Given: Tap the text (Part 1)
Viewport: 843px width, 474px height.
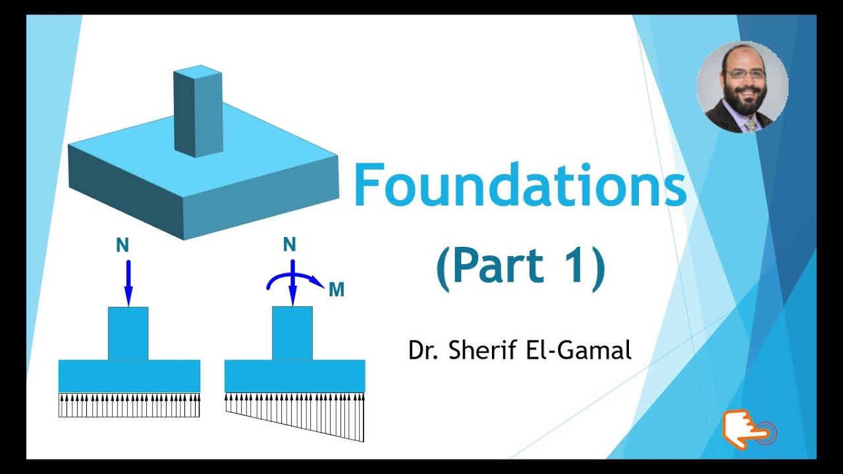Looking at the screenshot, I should coord(520,267).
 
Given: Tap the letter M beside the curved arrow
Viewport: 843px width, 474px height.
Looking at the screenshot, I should coord(337,290).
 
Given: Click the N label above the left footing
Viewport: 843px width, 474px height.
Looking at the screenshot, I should coord(122,246).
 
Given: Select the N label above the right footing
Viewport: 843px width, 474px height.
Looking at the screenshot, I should coord(289,245).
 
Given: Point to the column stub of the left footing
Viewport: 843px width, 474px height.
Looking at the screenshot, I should coord(128,333).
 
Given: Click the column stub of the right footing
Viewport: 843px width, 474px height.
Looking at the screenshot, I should coord(292,333).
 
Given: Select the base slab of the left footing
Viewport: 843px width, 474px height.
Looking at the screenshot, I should coord(129,376).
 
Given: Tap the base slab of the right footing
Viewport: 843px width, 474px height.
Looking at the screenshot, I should coord(294,376).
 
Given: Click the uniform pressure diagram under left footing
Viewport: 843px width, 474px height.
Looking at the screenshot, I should coord(129,405).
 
